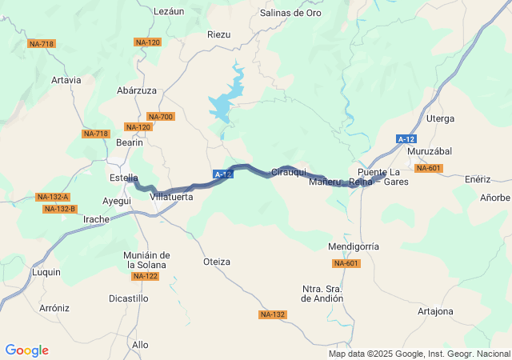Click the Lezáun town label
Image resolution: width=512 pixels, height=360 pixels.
167,11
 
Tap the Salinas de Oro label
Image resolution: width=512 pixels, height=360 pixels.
291,13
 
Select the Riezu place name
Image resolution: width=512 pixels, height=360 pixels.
218,34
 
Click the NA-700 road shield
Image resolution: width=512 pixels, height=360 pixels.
161,117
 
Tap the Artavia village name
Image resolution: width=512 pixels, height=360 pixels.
66,80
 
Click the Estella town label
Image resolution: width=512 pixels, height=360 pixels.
123,178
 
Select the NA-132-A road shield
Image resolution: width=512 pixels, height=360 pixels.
54,197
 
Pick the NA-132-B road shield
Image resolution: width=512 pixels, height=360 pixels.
60,209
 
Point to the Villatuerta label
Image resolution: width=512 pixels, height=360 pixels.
171,196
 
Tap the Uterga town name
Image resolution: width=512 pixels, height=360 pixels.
440,118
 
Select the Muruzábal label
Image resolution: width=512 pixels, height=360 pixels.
430,151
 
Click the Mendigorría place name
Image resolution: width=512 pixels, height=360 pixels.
354,246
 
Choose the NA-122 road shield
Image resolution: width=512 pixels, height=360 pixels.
146,276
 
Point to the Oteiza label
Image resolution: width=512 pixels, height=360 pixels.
217,262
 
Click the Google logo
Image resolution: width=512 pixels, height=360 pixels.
27,350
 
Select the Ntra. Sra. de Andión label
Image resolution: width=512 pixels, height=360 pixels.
322,293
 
